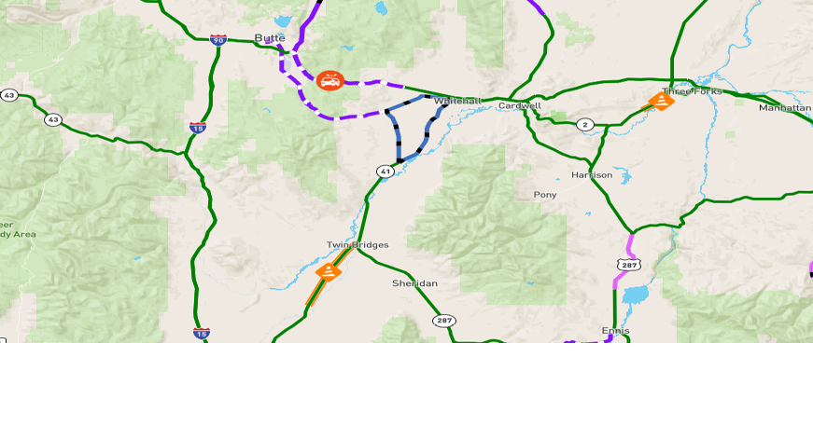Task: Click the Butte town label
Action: [x=270, y=38]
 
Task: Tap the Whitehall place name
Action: [x=457, y=101]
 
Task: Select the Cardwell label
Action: [x=519, y=105]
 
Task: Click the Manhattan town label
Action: [x=785, y=107]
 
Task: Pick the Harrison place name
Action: [x=592, y=174]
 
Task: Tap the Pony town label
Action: [x=544, y=195]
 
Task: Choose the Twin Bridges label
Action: [x=357, y=244]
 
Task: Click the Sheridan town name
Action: [x=414, y=282]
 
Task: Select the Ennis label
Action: [x=615, y=330]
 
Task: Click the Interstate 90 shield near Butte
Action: [x=217, y=40]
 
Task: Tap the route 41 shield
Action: [x=385, y=172]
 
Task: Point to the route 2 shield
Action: [x=585, y=124]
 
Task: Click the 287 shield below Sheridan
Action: [x=444, y=321]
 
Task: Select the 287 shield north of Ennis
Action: [x=629, y=266]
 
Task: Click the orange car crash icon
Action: [x=329, y=81]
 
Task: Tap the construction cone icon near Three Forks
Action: [x=661, y=100]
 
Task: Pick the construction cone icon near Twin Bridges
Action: [x=329, y=271]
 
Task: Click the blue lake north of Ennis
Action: [x=635, y=296]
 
